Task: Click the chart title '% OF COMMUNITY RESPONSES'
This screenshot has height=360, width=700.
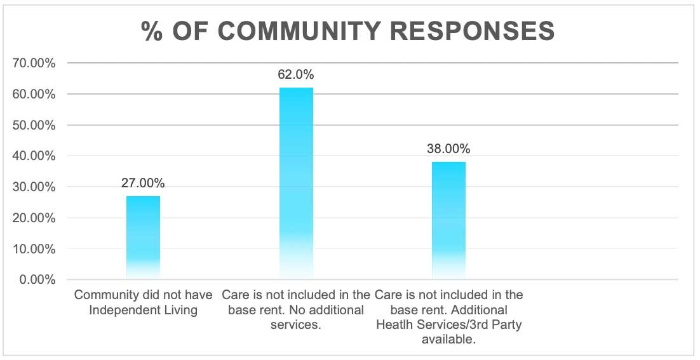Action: point(348,30)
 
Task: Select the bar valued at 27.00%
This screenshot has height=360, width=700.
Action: point(143,238)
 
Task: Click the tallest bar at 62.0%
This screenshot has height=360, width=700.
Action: point(296,184)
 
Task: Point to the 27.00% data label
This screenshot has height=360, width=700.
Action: point(143,183)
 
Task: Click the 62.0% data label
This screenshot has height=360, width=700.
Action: point(296,75)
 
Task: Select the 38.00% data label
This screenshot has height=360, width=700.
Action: point(448,149)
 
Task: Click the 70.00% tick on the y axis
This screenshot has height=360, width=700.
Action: point(34,63)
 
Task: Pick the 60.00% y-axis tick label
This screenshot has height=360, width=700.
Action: point(34,95)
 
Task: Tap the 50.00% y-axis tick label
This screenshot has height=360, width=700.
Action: point(34,125)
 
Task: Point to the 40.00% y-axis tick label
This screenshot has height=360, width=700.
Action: point(34,156)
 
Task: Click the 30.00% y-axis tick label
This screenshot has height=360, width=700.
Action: point(34,187)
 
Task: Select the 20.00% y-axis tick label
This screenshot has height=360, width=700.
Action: point(34,218)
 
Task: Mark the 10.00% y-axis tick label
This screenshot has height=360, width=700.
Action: point(34,249)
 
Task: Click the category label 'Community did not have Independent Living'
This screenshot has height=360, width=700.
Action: point(143,302)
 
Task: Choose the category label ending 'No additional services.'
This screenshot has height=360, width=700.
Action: point(296,310)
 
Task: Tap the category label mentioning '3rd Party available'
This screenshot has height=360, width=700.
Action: point(448,317)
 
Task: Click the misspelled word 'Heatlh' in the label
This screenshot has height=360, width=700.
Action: point(393,325)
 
